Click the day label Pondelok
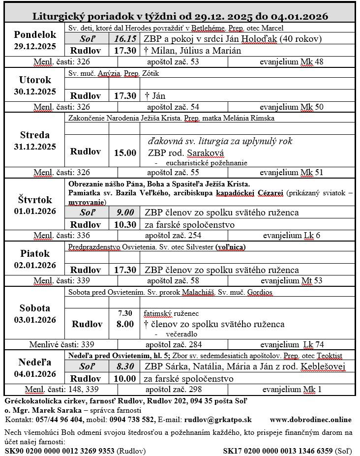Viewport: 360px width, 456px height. pos(35,35)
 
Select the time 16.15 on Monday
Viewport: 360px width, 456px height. pos(125,39)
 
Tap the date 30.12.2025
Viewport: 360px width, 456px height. pos(35,91)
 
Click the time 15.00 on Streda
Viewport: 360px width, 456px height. pos(125,153)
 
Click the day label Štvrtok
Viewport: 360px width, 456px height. pos(35,200)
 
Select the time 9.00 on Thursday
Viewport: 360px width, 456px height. pos(125,213)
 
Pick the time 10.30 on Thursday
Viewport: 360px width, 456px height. pos(125,225)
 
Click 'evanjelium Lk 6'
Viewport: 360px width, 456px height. pos(291,236)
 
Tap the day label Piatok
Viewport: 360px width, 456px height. pos(35,253)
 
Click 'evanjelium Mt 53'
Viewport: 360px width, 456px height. pos(291,281)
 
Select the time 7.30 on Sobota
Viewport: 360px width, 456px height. pos(125,313)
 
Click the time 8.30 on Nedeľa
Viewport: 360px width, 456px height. pos(125,366)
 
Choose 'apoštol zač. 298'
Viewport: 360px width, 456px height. pos(173,390)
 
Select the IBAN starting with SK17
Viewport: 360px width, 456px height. pos(278,451)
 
